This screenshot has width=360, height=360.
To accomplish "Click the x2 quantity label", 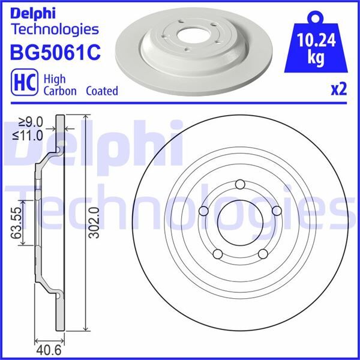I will coord(339,89).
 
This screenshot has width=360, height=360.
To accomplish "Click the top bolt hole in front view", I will coord(240,184).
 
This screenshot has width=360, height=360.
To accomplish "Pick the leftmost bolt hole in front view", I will coord(203,211).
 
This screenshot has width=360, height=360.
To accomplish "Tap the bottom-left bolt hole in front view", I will coord(217,254).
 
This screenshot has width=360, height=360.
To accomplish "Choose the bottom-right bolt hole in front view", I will coord(263,254).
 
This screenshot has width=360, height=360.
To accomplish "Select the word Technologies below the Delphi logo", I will coord(55,29).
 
